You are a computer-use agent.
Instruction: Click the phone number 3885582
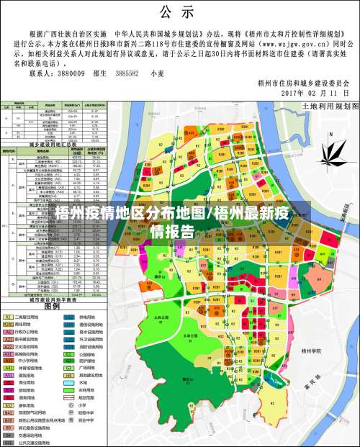point(130,73)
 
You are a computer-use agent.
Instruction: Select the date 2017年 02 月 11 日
point(314,94)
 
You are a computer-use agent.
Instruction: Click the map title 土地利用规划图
point(328,105)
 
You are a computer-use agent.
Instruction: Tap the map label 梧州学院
point(311,351)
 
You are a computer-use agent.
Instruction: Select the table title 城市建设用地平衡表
point(53,299)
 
